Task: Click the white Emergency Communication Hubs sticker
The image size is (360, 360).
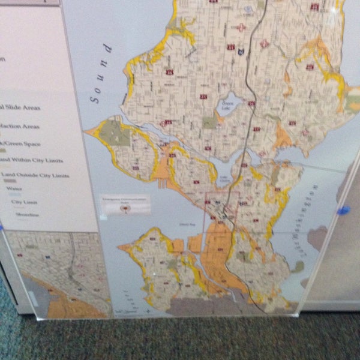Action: coord(125,206)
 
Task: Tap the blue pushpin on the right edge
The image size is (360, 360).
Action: coord(343,210)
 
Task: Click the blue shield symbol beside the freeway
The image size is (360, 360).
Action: coord(241,52)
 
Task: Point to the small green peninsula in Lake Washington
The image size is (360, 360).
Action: coord(299,266)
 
